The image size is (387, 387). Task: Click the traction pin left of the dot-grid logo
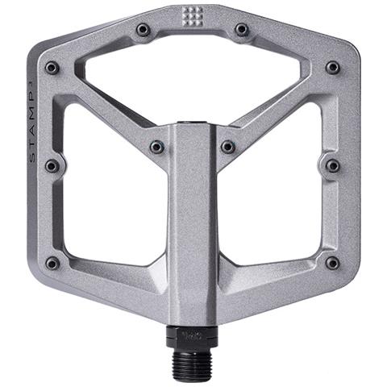[x=144, y=30]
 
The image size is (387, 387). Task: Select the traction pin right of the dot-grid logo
[x=242, y=30]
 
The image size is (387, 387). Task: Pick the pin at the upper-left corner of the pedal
[x=52, y=68]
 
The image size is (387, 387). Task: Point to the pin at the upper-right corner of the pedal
[x=332, y=68]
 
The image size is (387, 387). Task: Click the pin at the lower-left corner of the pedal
[x=52, y=263]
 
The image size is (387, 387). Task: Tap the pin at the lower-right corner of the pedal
[x=332, y=263]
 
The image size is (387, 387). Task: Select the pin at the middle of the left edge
[x=52, y=166]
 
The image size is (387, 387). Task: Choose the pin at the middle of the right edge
[x=332, y=166]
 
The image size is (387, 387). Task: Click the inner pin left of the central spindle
[x=156, y=148]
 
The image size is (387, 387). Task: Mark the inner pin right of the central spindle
[x=228, y=148]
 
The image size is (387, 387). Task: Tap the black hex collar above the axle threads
[x=192, y=335]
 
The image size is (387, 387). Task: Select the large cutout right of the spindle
[x=274, y=198]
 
